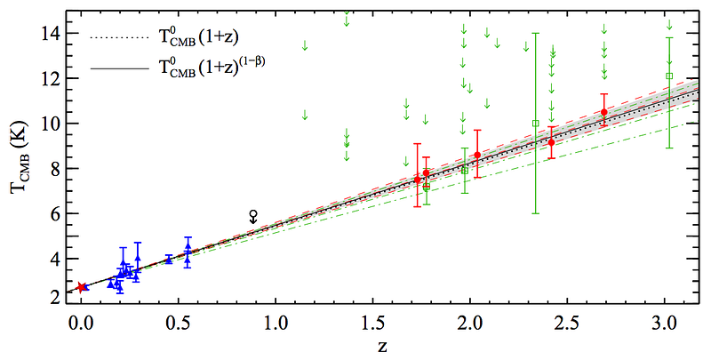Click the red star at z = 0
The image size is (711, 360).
coord(82,287)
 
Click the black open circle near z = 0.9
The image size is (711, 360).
coord(253,214)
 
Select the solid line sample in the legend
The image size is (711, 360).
coord(113,65)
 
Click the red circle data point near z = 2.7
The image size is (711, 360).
coord(604,112)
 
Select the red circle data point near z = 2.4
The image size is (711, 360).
coord(551,142)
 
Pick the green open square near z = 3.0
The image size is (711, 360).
coord(669,76)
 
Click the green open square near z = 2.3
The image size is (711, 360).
coord(535,123)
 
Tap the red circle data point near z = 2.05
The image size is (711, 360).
coord(477,155)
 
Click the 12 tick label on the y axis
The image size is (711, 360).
coord(50,78)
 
